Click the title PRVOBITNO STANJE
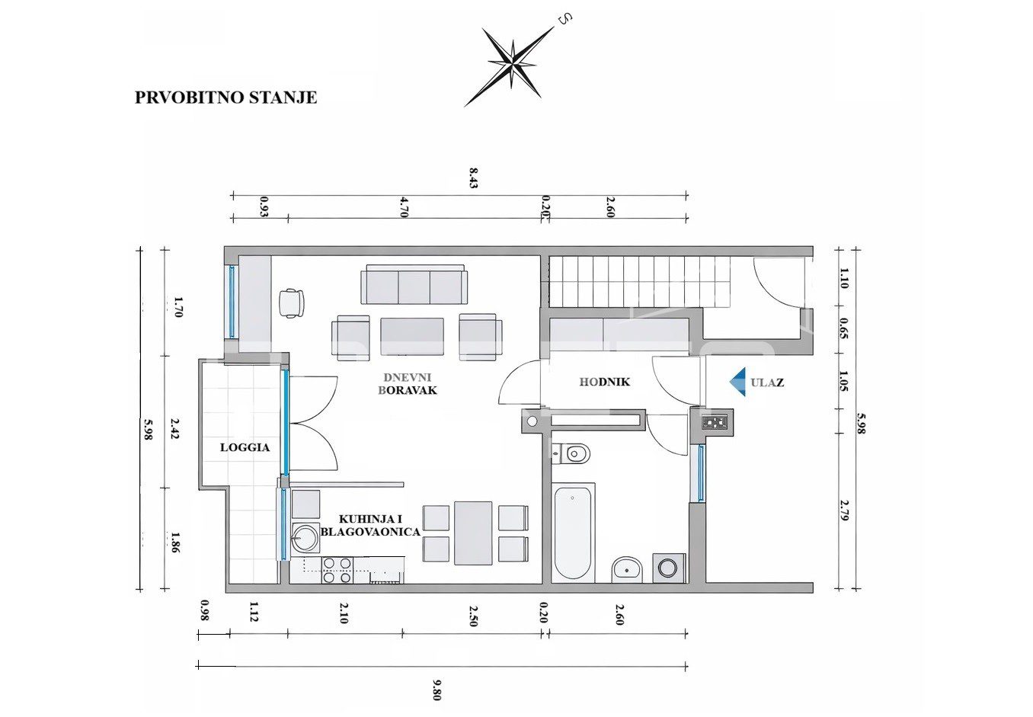click(225, 98)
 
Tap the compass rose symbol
click(511, 66)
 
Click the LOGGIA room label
click(245, 447)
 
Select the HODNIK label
click(605, 382)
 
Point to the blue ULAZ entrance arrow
click(738, 382)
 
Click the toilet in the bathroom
click(571, 454)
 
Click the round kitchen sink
click(305, 537)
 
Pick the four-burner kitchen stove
click(337, 570)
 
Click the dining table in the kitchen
click(473, 533)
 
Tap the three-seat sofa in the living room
click(414, 284)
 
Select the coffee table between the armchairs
click(412, 336)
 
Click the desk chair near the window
click(292, 302)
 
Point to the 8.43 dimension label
click(474, 178)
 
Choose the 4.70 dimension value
click(405, 206)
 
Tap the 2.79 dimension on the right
click(844, 511)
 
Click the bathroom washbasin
click(627, 570)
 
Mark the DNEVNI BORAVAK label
click(408, 384)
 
